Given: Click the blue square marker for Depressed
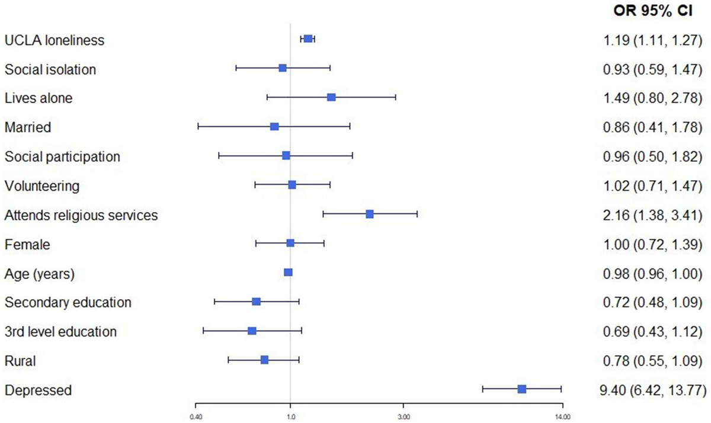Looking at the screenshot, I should coord(521,389).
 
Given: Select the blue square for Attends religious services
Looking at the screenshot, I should coord(370,214).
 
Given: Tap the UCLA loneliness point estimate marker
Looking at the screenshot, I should coord(308,39).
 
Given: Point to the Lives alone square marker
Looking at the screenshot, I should coord(331,97).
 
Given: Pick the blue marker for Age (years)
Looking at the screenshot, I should coord(288,272).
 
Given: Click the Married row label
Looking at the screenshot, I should coord(27,127).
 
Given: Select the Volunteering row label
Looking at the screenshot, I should coord(41,186).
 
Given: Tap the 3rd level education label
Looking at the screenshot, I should coord(60,331).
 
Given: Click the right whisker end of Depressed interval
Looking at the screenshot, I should coord(561,389).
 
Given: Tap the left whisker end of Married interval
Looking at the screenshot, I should coord(198,126).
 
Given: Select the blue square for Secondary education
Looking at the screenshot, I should coord(256,302).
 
